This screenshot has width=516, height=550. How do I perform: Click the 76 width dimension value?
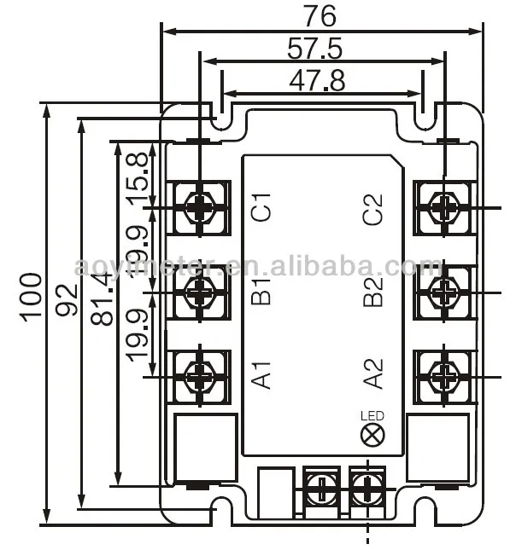coord(320,17)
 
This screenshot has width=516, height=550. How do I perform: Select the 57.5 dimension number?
coord(314,49)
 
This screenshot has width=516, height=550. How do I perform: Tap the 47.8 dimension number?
coord(317,81)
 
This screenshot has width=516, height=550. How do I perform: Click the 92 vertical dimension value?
coord(67,300)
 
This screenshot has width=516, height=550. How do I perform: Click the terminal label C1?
coord(261,207)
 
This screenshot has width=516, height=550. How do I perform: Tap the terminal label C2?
coord(373,209)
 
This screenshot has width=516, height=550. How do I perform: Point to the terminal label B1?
coord(261,291)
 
